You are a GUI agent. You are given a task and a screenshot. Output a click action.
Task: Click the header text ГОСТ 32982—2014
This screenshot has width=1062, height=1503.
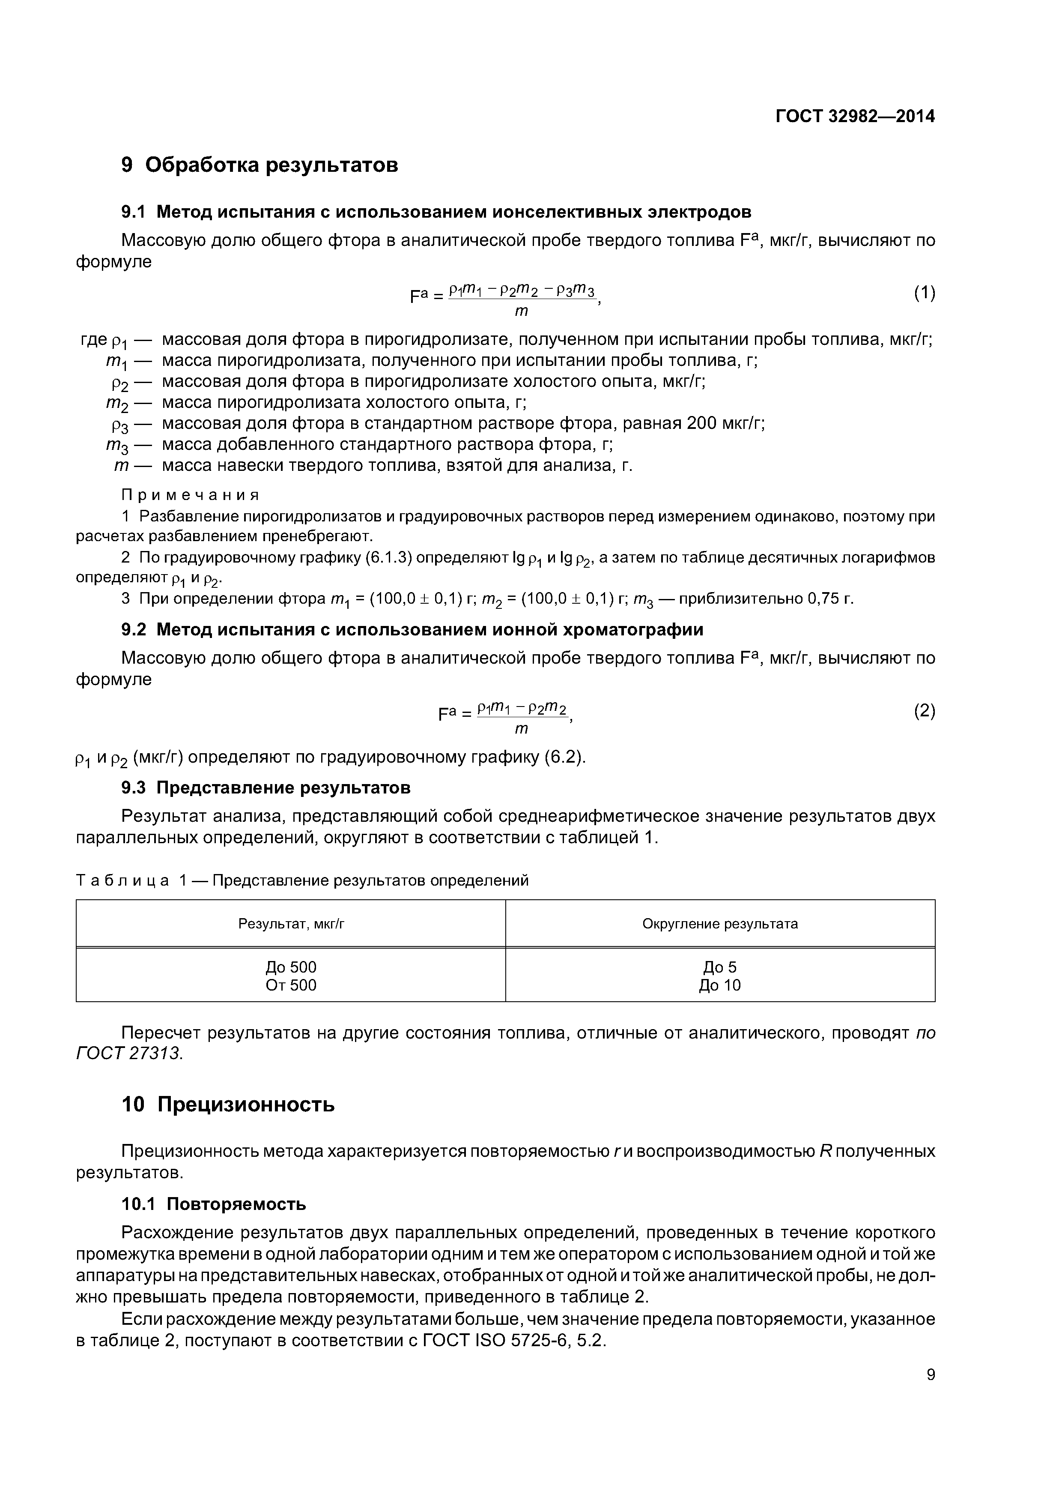click(855, 117)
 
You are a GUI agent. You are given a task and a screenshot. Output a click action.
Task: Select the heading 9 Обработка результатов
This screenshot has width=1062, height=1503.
click(260, 165)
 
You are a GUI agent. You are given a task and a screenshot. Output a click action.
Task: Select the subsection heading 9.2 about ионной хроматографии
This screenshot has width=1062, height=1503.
click(412, 630)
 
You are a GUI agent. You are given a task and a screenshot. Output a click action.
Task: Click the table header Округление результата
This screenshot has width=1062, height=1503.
click(720, 924)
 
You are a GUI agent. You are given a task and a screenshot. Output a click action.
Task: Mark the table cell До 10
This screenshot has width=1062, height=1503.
click(720, 985)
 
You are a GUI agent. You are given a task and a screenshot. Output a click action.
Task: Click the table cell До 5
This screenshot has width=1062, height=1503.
click(720, 967)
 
